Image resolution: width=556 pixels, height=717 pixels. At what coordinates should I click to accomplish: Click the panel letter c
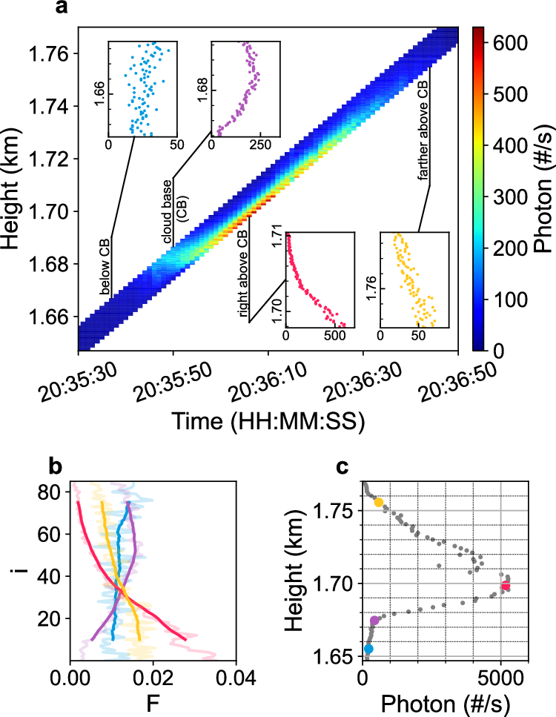(342, 466)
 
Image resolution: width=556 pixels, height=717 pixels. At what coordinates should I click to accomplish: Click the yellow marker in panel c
(379, 502)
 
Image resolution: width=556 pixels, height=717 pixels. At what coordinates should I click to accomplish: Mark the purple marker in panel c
(374, 621)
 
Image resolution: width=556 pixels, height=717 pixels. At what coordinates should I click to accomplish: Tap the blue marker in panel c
(368, 649)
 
